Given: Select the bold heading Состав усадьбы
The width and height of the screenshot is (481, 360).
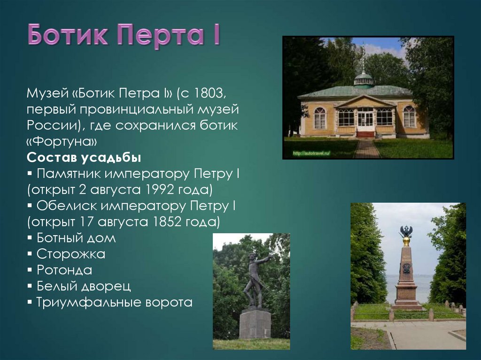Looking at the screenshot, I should click(x=84, y=157).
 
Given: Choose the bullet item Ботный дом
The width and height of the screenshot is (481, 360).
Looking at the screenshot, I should click(x=76, y=237).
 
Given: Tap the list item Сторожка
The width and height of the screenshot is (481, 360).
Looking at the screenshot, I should click(x=70, y=254).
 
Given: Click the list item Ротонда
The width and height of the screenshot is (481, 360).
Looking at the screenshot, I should click(x=64, y=270).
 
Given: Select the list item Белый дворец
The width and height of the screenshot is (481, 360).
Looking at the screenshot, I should click(x=83, y=286).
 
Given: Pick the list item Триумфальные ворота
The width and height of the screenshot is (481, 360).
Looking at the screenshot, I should click(x=114, y=302).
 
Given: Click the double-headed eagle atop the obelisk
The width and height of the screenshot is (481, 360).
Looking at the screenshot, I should click(x=406, y=231).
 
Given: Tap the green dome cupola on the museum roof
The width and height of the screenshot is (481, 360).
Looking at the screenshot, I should click(x=364, y=79).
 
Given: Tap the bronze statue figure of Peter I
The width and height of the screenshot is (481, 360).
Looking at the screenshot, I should click(x=255, y=279).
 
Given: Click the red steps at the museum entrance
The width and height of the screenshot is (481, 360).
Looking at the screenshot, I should click(x=365, y=134).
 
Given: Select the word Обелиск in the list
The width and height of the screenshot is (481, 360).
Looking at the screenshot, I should click(x=60, y=206).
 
